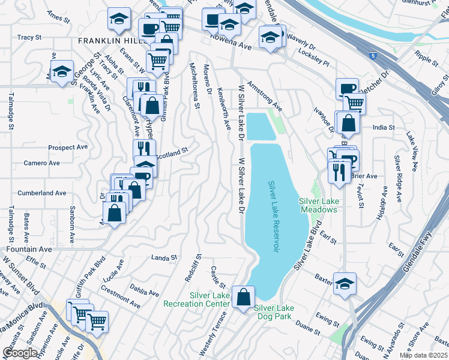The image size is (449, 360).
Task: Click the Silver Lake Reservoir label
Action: (274, 217)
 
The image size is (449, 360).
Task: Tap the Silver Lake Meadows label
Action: (318, 205)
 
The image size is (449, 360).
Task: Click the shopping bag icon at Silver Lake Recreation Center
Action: (243, 296)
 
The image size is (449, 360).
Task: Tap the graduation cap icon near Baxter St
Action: (345, 283)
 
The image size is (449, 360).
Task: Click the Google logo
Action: (20, 352)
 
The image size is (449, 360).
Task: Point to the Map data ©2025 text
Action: (424, 355)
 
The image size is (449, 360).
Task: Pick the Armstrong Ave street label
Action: (264, 97)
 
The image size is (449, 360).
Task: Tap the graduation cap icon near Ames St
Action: (119, 19)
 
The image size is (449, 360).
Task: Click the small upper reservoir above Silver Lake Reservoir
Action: (261, 126)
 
